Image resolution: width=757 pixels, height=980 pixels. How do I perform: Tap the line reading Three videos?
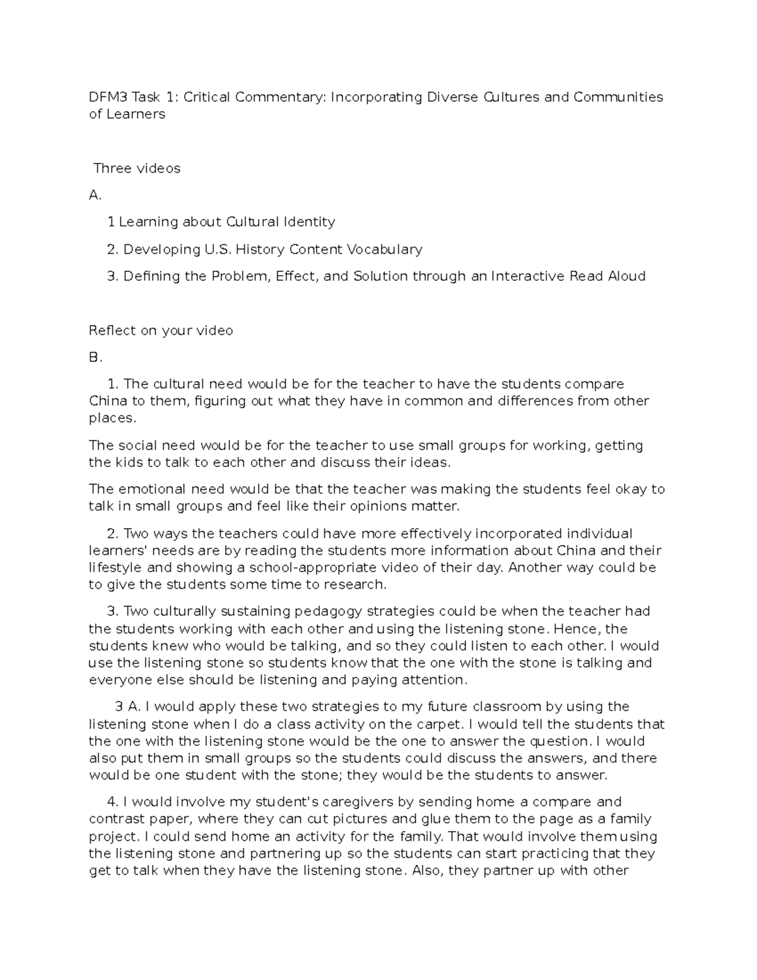pos(137,168)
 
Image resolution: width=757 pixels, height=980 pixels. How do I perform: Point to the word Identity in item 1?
pos(308,222)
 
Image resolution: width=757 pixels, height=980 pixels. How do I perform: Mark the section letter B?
pos(95,358)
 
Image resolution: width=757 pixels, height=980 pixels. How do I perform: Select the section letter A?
pos(95,196)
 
